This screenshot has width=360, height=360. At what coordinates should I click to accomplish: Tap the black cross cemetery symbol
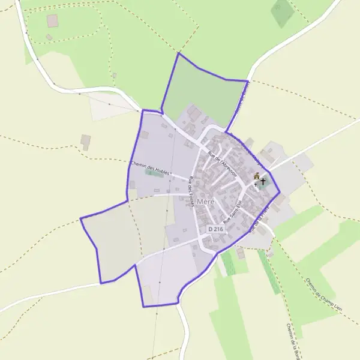pos(263,181)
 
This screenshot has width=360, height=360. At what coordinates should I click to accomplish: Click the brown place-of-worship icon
pos(257,176)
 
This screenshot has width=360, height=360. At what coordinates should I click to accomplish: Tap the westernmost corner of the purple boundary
pos(80,218)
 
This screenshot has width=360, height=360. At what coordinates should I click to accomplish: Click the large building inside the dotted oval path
pos(53,21)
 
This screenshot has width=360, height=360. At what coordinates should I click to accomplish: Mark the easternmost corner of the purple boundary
pos(280,192)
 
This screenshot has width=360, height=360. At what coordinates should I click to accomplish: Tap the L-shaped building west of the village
pos(85,141)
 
